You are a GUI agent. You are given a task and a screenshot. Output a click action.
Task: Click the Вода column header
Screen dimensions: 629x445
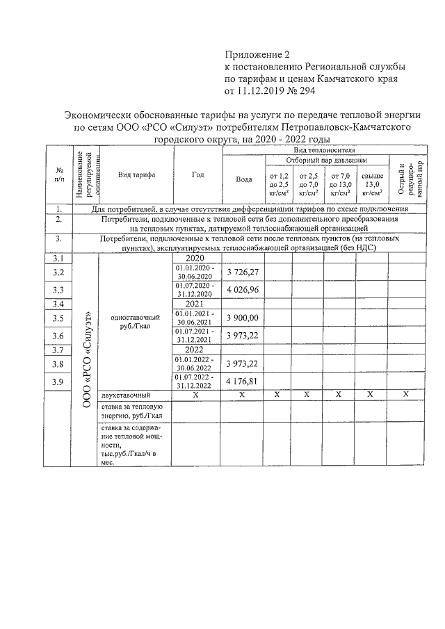243,179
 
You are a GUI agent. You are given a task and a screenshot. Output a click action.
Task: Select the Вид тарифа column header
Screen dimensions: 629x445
136,175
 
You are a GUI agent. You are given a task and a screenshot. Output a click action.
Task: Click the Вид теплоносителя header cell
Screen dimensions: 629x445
323,149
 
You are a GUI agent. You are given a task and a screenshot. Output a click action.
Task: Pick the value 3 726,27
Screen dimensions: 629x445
243,272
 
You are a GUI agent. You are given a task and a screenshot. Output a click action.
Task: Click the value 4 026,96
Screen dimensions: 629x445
243,289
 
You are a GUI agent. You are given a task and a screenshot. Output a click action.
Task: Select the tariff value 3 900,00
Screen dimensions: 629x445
243,318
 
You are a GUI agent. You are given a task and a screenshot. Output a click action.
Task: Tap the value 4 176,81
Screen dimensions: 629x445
243,381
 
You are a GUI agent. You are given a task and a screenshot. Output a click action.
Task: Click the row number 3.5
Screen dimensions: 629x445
58,318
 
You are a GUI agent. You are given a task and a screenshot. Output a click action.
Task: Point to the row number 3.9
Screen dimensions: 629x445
58,381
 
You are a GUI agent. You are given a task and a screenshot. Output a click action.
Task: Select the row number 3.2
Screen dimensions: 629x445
58,272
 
